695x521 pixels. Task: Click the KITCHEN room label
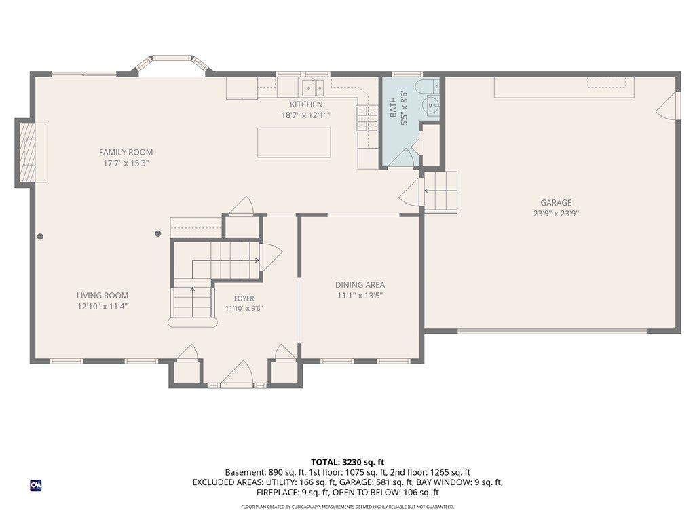coord(306,104)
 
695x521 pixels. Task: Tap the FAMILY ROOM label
coord(126,153)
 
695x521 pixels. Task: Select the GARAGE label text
coord(556,203)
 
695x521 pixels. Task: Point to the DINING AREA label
coord(360,285)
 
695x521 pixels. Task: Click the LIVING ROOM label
coord(102,296)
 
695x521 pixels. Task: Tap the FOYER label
coord(244,298)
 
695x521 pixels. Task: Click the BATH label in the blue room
coord(393,108)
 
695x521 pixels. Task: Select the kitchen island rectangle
coord(294,142)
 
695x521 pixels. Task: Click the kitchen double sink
coord(312,88)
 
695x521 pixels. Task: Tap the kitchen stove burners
coord(367,119)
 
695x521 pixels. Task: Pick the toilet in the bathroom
coord(427,87)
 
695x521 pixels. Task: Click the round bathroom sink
coord(430,105)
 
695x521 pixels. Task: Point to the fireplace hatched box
coord(27,153)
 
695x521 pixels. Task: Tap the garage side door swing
coord(668,105)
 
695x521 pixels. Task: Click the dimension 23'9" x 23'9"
coord(556,214)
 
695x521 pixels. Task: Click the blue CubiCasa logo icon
coord(36,486)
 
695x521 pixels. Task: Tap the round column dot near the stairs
coord(157,233)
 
